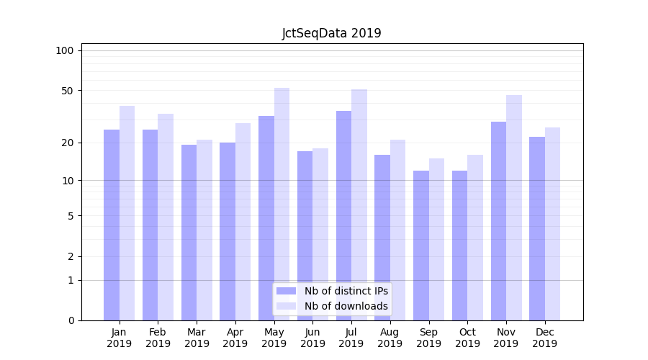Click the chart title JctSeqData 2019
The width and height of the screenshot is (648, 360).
click(331, 33)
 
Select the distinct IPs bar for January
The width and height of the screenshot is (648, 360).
click(112, 225)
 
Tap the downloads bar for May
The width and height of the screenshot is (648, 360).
click(282, 204)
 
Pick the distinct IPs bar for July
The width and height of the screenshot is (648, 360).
click(343, 215)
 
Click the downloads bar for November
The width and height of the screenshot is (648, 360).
click(513, 207)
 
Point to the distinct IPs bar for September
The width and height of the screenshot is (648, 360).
click(421, 246)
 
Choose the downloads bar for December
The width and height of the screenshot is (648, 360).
click(552, 224)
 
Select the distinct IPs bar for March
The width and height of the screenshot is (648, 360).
click(189, 233)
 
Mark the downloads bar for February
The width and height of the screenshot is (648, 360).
click(166, 217)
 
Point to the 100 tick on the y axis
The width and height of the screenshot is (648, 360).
click(65, 50)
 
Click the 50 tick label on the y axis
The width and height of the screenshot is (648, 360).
click(67, 91)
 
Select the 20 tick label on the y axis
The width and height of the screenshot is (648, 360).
click(67, 143)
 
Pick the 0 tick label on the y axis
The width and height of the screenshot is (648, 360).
click(71, 320)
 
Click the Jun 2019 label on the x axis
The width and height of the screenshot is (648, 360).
click(312, 338)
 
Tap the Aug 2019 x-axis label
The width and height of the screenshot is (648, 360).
click(390, 338)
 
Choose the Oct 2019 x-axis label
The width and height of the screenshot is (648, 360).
click(467, 338)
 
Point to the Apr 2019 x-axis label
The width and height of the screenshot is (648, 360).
click(235, 338)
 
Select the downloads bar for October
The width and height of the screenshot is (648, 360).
click(475, 238)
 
